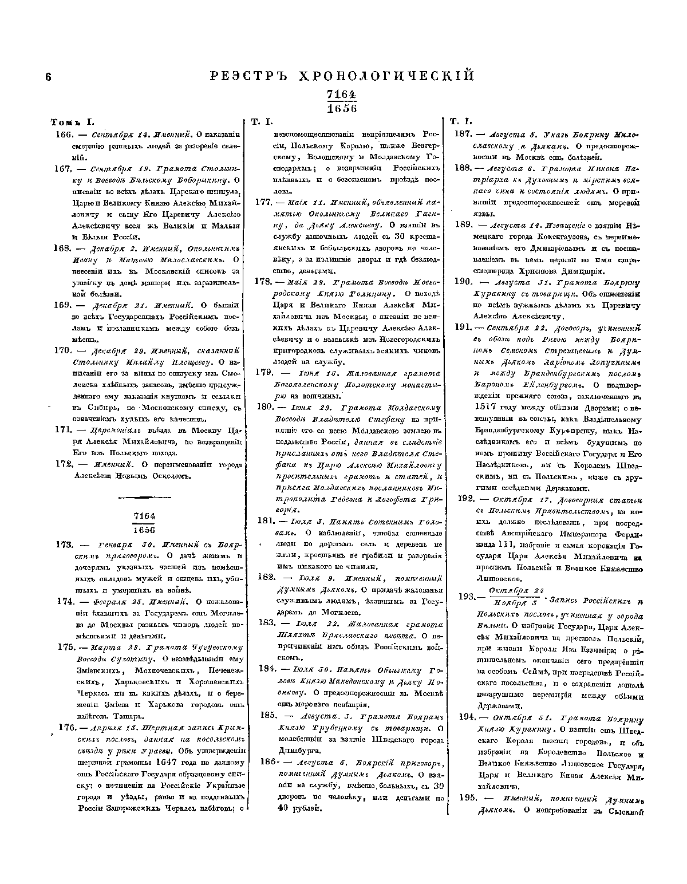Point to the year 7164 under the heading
point(341,95)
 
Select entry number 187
point(462,134)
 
